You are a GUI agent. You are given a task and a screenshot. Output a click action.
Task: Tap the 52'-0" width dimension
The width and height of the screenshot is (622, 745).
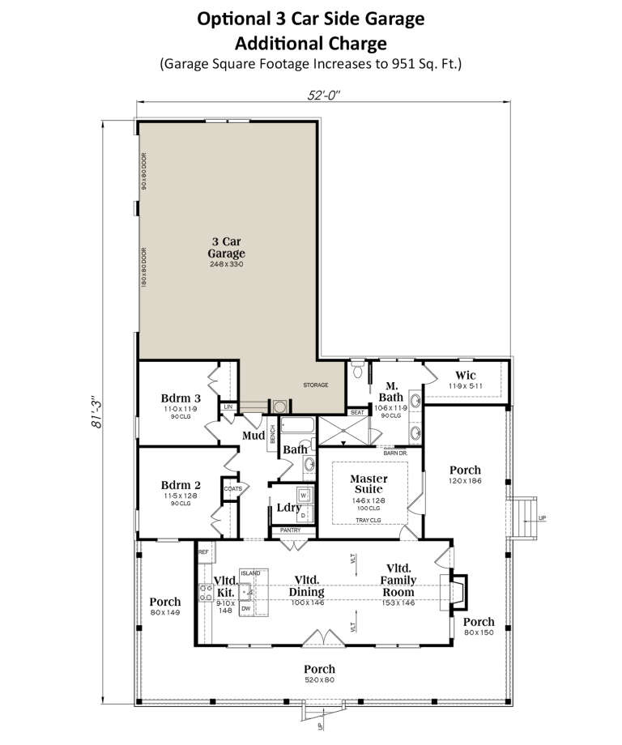[x=322, y=93]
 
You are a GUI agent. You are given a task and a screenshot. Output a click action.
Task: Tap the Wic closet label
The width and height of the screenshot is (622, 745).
[x=466, y=376]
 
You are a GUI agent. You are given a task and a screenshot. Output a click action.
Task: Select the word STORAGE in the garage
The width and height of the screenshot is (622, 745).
[x=316, y=385]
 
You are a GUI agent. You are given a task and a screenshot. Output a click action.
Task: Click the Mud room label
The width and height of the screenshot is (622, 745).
[x=253, y=436]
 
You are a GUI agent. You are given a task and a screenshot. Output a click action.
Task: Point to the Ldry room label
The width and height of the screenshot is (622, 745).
[x=288, y=508]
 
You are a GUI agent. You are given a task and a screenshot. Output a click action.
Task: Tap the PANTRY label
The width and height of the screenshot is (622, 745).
[x=290, y=530]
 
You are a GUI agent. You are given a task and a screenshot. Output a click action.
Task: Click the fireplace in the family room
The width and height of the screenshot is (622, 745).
[x=457, y=590]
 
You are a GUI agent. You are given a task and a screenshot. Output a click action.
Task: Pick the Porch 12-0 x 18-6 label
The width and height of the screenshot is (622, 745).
[x=466, y=475]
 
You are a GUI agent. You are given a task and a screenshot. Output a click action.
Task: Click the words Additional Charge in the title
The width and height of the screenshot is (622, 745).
[x=311, y=43]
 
